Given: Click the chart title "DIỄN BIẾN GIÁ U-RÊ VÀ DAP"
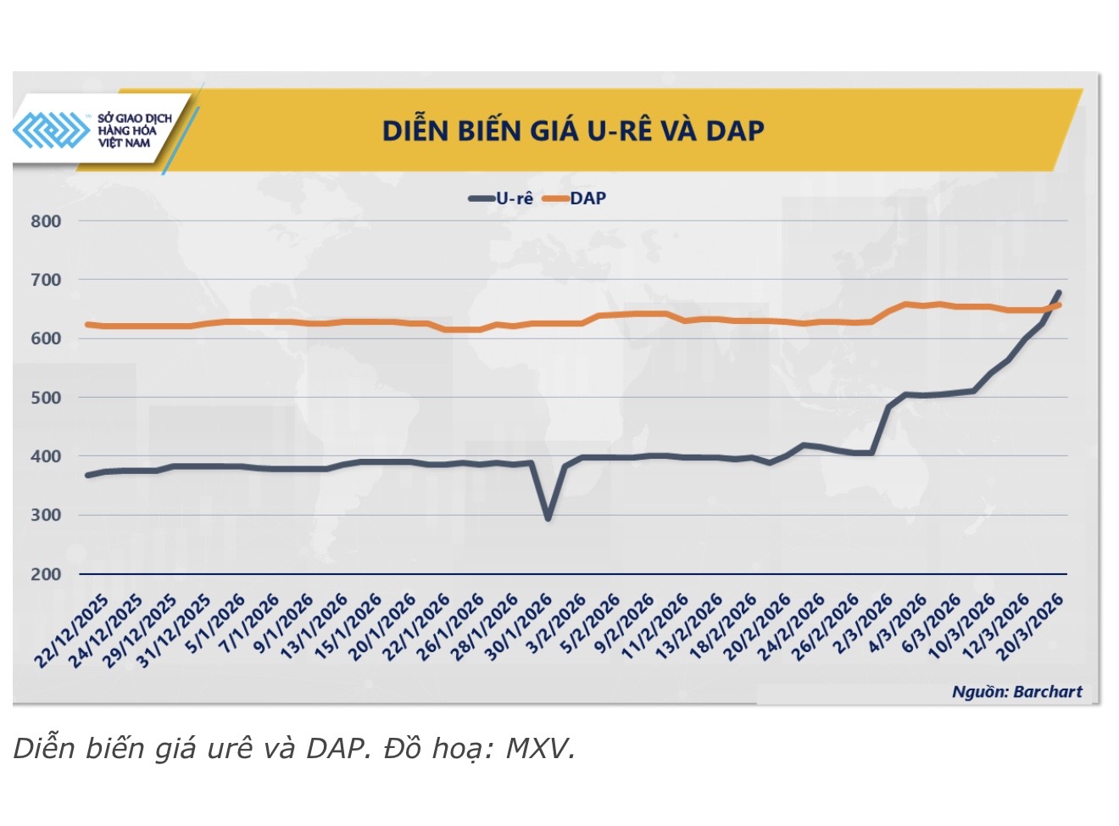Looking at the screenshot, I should pos(573,131).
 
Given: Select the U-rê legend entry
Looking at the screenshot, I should pos(502,198).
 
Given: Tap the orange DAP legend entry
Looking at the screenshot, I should pos(576,198).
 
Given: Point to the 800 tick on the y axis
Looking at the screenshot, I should pos(46,221).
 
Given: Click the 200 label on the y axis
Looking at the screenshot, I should pos(46,574).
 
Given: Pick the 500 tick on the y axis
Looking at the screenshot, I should pos(46,398).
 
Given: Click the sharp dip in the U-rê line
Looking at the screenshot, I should pos(548,517).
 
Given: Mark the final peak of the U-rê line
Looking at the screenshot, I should pos(1059,293).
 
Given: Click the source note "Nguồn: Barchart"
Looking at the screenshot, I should pos(1016,692).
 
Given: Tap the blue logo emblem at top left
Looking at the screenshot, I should pos(51,130).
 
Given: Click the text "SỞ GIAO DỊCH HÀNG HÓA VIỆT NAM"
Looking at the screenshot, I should pos(134,131).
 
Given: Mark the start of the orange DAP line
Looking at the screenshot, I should pos(87,324).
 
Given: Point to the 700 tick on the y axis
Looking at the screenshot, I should pos(46,280).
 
